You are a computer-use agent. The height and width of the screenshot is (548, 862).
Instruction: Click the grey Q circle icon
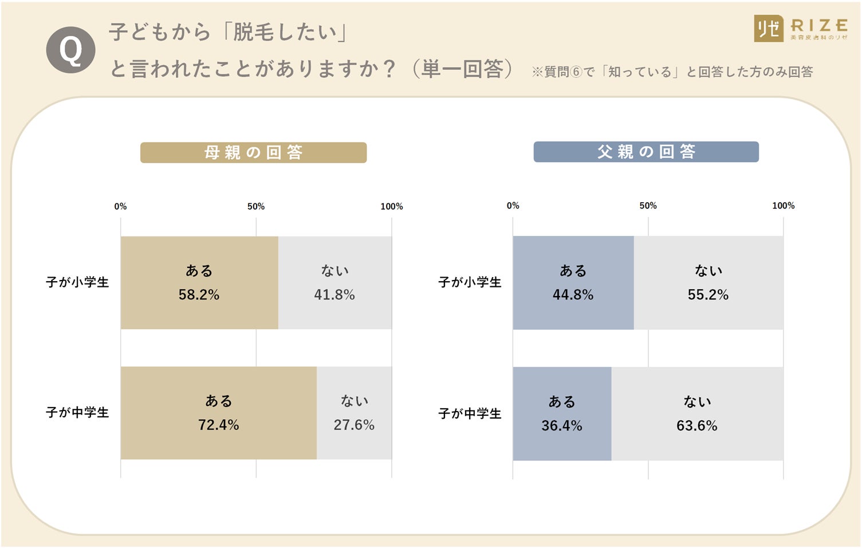tap(70, 50)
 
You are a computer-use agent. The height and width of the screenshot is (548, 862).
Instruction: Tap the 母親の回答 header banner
tap(253, 152)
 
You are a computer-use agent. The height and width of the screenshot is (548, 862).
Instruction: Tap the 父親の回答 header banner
tap(645, 152)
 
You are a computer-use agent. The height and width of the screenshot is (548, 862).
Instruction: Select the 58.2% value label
tap(199, 295)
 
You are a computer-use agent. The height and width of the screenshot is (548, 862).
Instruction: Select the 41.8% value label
tap(334, 295)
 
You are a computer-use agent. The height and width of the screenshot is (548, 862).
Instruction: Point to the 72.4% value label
tap(218, 425)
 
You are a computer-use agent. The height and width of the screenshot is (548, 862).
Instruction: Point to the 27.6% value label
tap(354, 425)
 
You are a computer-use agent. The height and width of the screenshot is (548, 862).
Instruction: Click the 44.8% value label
tap(573, 295)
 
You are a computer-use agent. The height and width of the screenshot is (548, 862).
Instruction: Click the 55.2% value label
tap(708, 295)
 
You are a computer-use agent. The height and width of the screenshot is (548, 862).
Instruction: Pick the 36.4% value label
tap(561, 425)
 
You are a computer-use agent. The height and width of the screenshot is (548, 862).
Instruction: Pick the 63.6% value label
tap(696, 425)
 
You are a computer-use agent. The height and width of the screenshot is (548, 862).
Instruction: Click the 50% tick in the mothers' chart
tap(256, 207)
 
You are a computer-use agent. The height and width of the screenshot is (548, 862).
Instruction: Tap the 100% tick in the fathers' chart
tap(783, 206)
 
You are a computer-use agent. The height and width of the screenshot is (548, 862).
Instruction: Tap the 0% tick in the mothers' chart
tap(120, 207)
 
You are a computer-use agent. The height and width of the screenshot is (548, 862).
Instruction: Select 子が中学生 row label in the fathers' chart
tap(470, 413)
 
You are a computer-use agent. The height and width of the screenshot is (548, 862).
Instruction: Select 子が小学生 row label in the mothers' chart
tap(77, 282)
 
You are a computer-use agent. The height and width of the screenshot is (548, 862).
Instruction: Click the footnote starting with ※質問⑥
tap(672, 72)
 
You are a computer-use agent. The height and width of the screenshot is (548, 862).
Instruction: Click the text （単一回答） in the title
tap(462, 69)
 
